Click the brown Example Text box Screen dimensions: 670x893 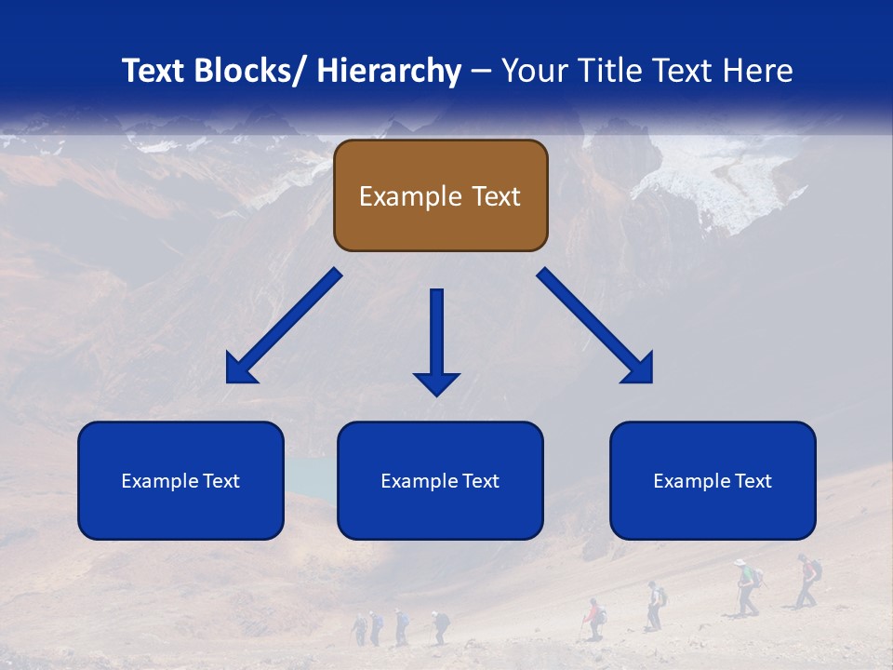point(440,195)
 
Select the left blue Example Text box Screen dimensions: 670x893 point(180,480)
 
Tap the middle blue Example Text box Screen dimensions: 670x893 point(440,480)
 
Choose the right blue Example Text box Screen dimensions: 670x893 point(713,480)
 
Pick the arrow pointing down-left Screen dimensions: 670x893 point(282,327)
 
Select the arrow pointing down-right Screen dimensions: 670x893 point(596,327)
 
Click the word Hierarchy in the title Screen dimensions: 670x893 point(389,71)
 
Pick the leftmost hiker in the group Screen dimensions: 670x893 point(360,628)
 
